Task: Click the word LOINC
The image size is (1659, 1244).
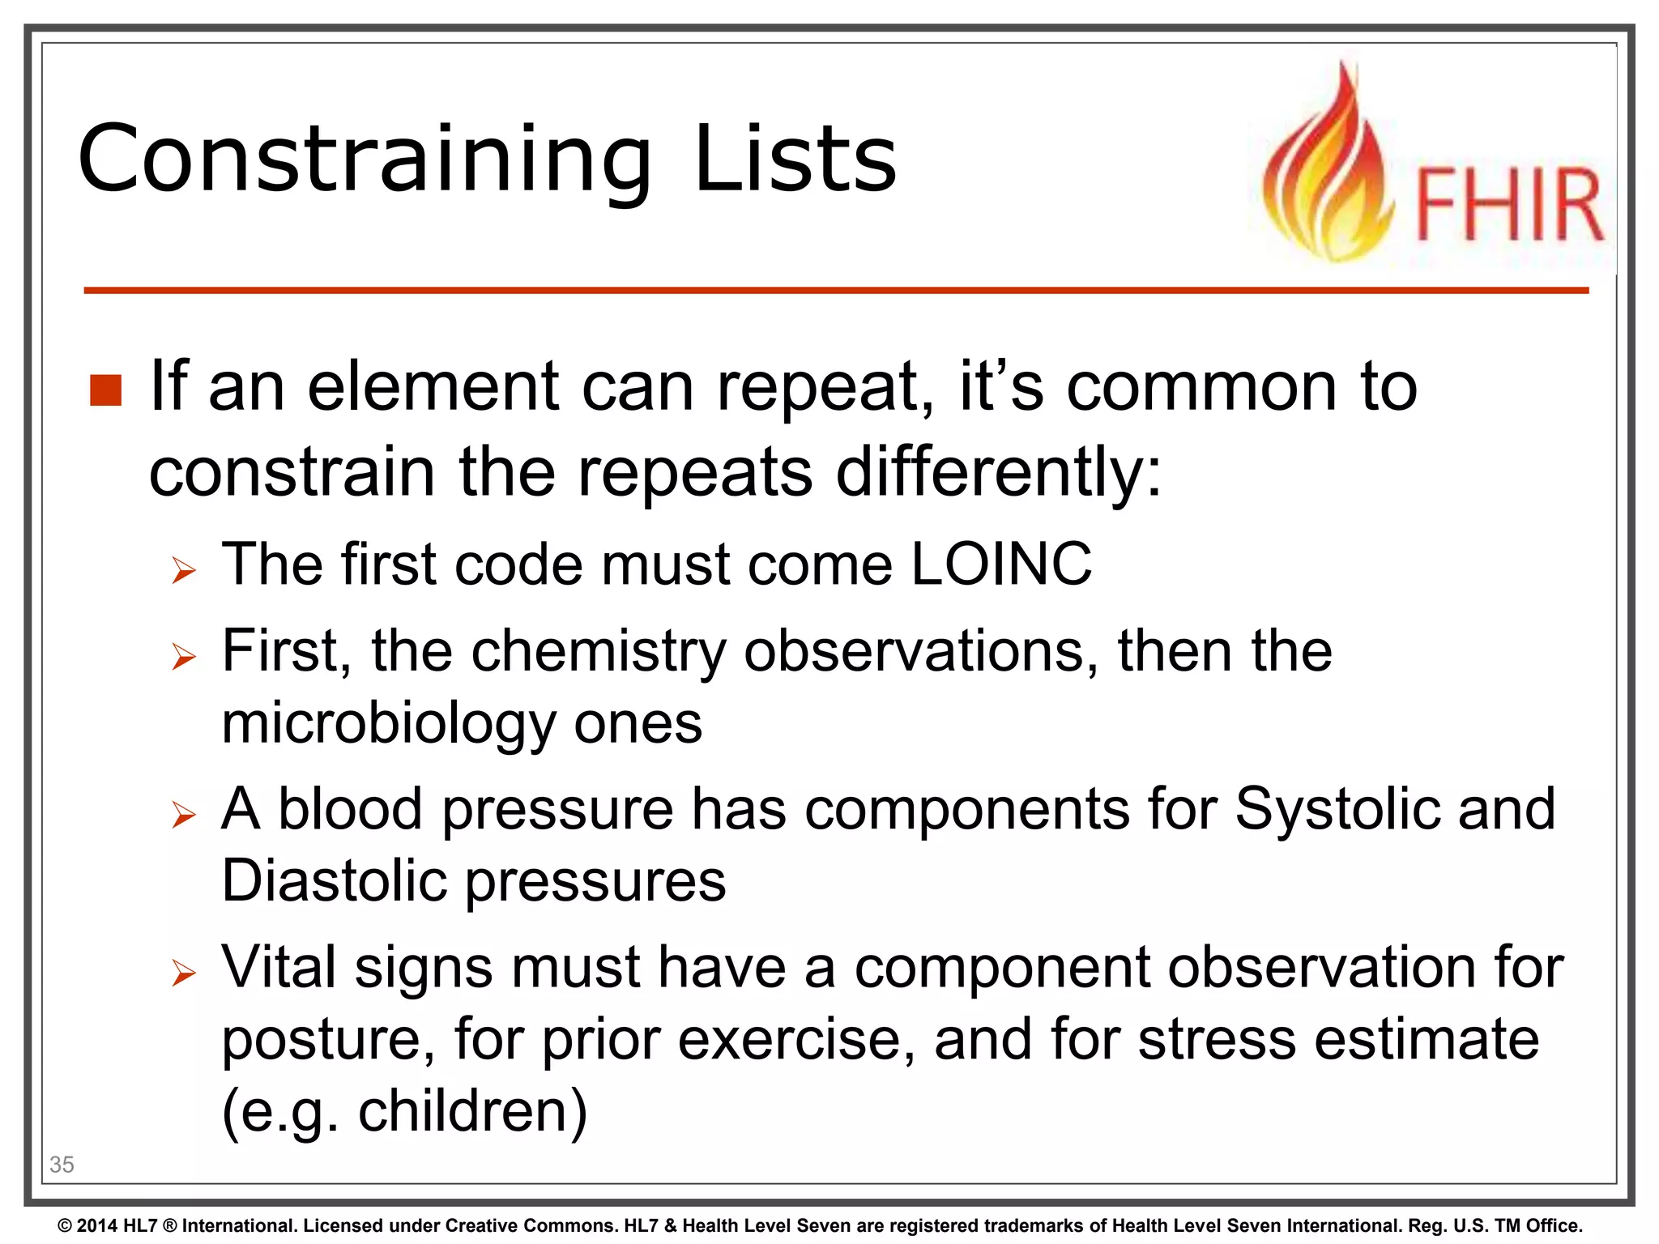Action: (x=1000, y=564)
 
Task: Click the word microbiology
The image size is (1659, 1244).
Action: (x=388, y=722)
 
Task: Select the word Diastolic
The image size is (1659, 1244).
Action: (x=335, y=880)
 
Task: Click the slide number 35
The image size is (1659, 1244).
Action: (x=62, y=1165)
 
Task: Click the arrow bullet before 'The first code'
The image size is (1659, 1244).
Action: (x=184, y=571)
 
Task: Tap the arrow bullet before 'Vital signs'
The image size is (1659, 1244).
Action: (x=184, y=973)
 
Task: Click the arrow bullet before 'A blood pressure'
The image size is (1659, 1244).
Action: (x=184, y=815)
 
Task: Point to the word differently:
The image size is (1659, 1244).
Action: (x=999, y=472)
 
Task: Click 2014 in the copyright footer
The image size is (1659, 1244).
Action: (x=96, y=1225)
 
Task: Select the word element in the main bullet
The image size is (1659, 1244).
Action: (x=433, y=386)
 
